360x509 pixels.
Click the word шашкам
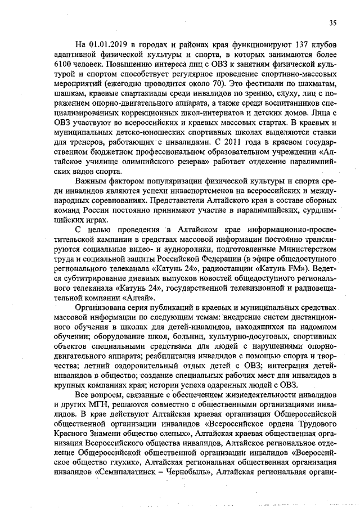pos(69,95)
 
